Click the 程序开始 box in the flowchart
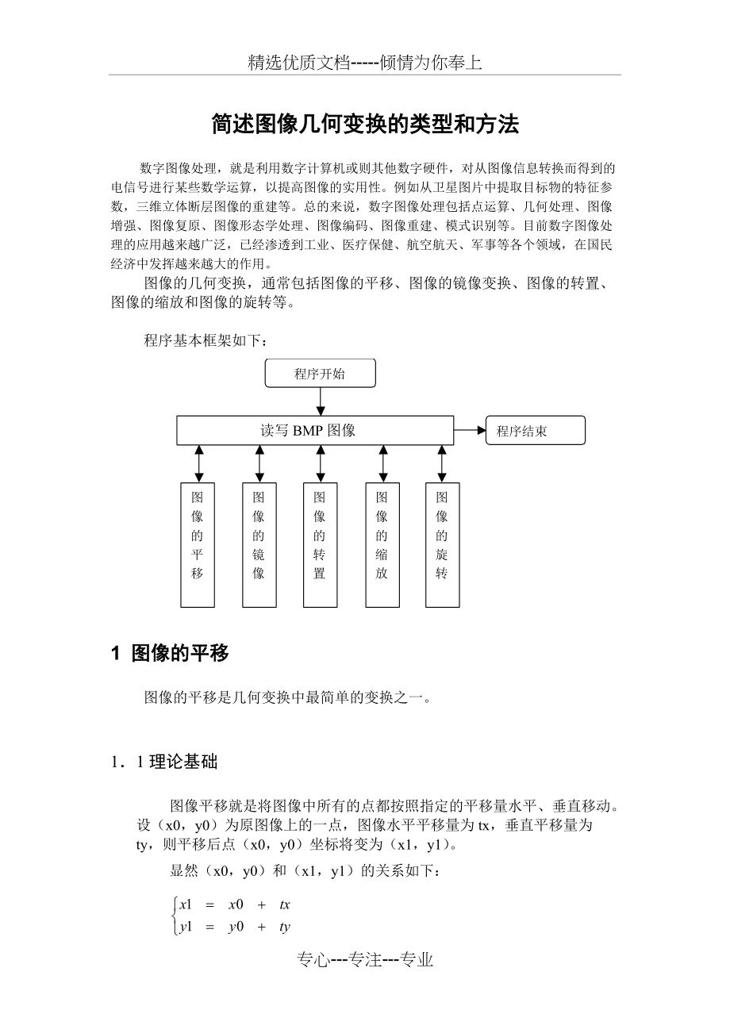[320, 374]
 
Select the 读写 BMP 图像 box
[315, 431]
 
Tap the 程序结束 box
[535, 431]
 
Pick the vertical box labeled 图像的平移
[198, 544]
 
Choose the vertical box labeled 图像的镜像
[259, 544]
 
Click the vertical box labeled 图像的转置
[320, 544]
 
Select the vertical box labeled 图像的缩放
[382, 544]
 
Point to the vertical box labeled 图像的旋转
[442, 544]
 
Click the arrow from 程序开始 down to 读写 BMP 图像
[320, 401]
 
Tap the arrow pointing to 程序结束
[470, 431]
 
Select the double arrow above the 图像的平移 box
[198, 463]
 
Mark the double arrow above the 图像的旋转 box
[442, 463]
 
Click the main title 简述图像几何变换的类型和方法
[365, 124]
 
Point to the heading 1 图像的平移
[171, 653]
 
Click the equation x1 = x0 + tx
[235, 904]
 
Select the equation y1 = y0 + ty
[235, 927]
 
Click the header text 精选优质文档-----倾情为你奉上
[365, 63]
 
